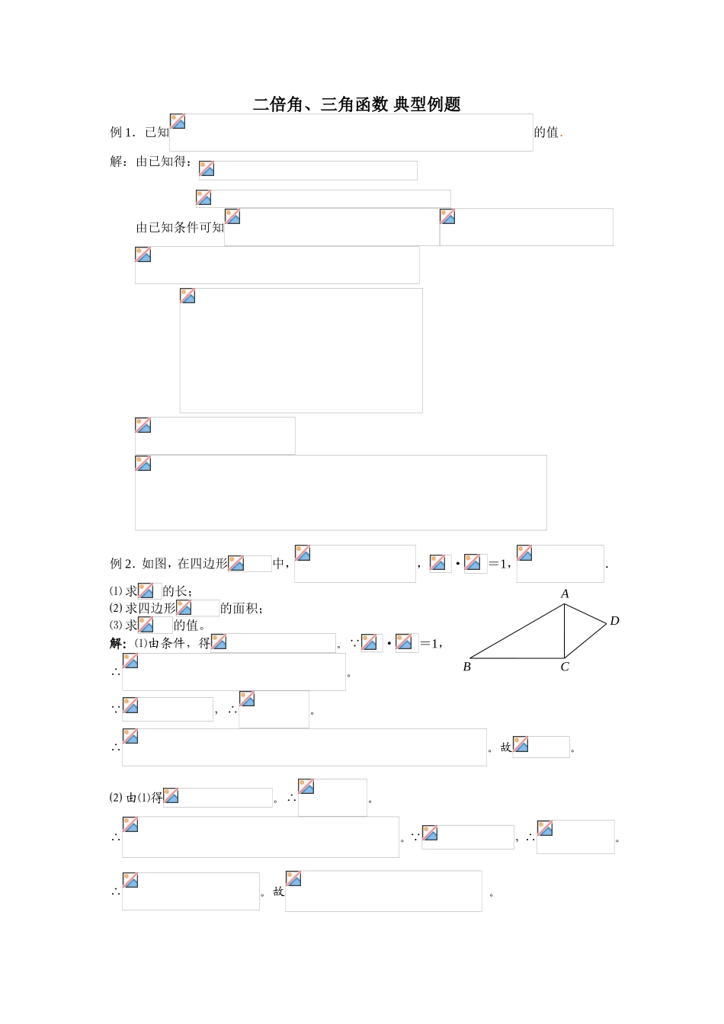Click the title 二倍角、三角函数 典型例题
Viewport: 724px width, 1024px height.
[x=356, y=104]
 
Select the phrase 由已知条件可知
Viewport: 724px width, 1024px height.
[x=180, y=227]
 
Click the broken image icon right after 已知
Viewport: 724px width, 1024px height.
[x=178, y=121]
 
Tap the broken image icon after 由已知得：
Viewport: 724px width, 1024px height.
[x=207, y=168]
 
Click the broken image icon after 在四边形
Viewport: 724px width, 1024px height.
[x=236, y=563]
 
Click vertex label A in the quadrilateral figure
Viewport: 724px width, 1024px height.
[x=565, y=594]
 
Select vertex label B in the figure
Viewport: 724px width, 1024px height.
[x=467, y=667]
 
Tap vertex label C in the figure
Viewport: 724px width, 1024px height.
[x=565, y=667]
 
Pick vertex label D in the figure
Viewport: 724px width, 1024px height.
[x=615, y=621]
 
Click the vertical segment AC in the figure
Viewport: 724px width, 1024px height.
[x=565, y=631]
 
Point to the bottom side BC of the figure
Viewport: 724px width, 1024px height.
[x=517, y=658]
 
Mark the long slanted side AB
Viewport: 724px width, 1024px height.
[x=517, y=631]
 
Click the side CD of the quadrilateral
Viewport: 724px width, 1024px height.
[x=585, y=641]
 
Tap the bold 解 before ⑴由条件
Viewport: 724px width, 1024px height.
[x=116, y=644]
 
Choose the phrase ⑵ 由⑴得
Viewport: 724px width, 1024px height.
[x=136, y=798]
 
